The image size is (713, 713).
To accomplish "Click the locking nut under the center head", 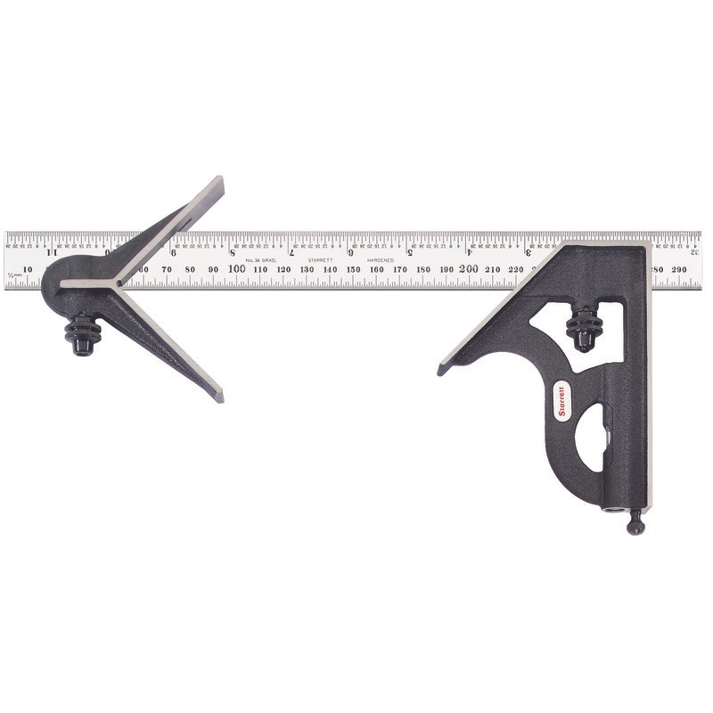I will (81, 335).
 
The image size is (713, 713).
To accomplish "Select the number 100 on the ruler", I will (237, 268).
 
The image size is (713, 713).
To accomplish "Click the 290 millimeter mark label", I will (680, 268).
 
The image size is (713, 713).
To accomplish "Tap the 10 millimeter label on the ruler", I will (29, 269).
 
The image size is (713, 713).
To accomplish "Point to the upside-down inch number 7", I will (292, 251).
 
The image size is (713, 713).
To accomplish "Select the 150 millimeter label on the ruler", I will (353, 269).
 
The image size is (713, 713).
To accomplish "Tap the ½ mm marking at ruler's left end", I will (12, 276).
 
